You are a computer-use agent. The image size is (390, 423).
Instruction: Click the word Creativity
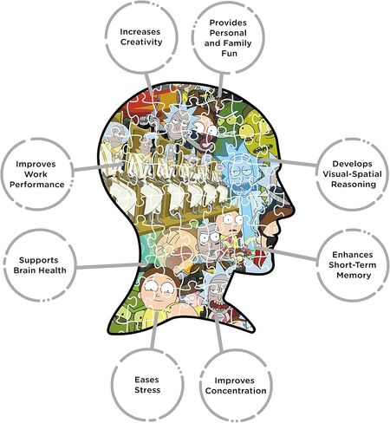pos(141,42)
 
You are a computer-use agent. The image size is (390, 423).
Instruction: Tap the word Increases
pos(140,31)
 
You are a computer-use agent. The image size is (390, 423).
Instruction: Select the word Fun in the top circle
pos(229,54)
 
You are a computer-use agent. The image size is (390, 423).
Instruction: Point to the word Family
pos(237,43)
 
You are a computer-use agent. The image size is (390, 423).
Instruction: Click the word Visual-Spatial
pos(352,174)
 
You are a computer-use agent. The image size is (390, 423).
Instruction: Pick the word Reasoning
pos(354,185)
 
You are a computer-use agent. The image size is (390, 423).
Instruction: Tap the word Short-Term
pos(353,265)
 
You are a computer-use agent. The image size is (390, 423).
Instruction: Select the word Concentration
pos(236,391)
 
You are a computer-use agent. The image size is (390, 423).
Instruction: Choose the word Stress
pos(147,390)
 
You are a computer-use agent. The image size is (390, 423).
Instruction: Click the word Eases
pos(146,380)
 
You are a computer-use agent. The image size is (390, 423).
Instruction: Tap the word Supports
pos(39,260)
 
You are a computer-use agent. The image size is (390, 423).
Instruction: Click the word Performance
pos(37,185)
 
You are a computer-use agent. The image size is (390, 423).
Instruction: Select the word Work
pos(36,174)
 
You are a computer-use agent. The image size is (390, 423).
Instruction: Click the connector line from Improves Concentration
pos(219,333)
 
